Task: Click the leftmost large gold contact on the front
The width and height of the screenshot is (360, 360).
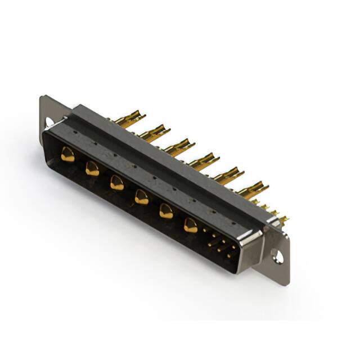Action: pos(67,154)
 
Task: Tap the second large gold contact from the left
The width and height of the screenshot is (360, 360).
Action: pos(92,168)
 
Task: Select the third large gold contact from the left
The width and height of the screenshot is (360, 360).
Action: pos(117,182)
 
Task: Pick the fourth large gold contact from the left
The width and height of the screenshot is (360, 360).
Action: pos(142,196)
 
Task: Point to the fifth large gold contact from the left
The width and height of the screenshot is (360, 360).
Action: pos(166,211)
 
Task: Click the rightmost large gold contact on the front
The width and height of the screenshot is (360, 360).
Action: pos(191,226)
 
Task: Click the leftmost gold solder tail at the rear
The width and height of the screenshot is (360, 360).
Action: pos(128,119)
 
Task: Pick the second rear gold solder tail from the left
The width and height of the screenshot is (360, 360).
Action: pos(154,133)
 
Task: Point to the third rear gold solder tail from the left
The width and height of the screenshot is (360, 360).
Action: pos(179,147)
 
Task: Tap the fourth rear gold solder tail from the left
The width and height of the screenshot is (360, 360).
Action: pos(203,161)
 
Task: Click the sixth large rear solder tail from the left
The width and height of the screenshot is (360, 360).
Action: pos(253,189)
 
